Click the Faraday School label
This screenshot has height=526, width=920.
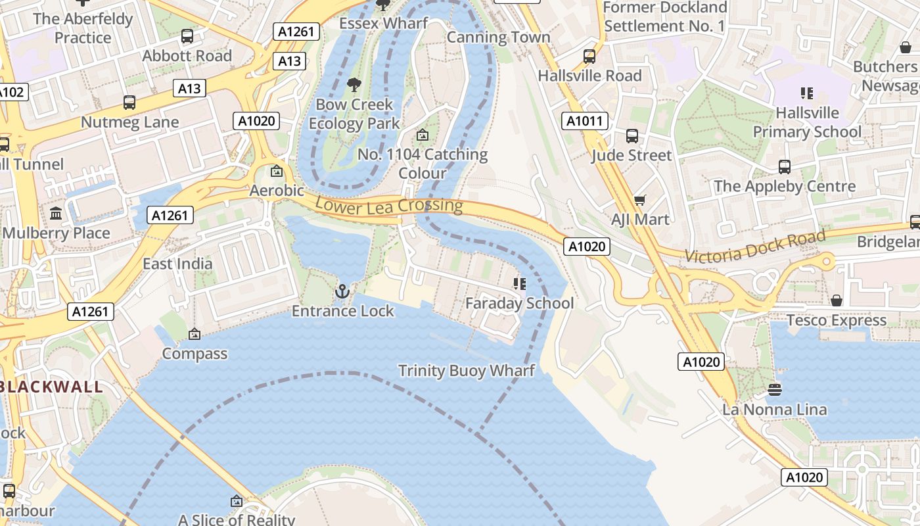(519, 303)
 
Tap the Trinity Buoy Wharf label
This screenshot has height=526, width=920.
(467, 371)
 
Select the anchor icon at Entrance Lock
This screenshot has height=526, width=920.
(342, 291)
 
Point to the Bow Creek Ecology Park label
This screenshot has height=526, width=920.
(354, 114)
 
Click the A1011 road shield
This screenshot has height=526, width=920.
(585, 121)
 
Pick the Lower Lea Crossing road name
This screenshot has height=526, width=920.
(388, 204)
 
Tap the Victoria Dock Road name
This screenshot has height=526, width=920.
(755, 247)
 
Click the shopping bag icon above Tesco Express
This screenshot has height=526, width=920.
(837, 300)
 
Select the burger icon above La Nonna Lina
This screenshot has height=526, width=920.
(774, 390)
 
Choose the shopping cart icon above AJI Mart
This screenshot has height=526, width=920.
(639, 200)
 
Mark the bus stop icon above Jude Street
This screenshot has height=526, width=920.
(632, 136)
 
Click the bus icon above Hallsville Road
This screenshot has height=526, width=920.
(589, 57)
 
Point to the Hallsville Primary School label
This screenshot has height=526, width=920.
(807, 122)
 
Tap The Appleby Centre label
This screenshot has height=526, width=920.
(785, 186)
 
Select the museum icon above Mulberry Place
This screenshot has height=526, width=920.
(56, 214)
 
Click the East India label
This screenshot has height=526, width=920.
(177, 264)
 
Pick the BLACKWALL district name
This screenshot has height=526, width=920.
(51, 387)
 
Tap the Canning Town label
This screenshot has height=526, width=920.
(498, 37)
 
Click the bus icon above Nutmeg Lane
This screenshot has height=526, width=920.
(129, 103)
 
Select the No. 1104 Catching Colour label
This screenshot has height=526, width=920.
(423, 164)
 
